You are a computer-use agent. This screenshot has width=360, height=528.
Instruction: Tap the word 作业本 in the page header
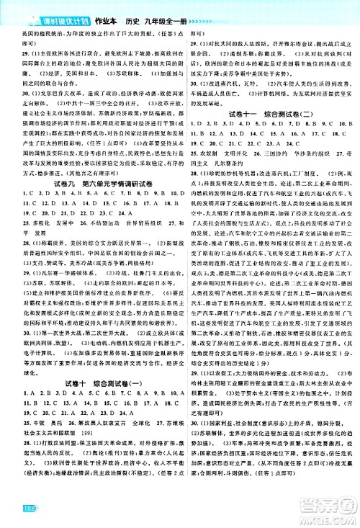coord(106,7)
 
